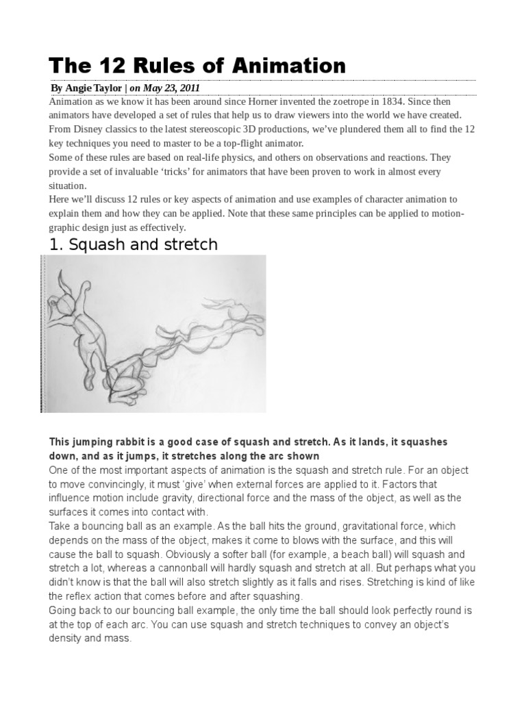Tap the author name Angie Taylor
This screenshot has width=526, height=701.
[95, 88]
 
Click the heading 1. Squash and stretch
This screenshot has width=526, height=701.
[134, 244]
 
